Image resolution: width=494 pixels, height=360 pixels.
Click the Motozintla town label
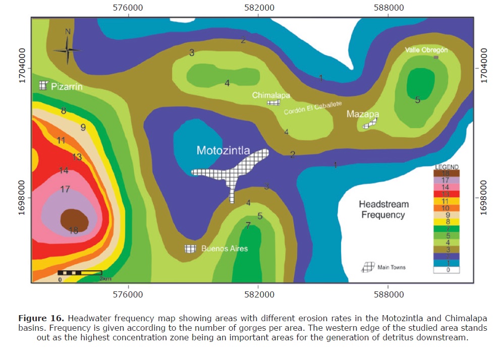(x=223, y=150)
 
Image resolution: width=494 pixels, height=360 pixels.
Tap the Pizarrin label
(x=67, y=87)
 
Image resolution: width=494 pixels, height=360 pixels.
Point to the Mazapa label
(x=362, y=114)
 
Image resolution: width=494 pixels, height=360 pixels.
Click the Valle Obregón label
(x=426, y=50)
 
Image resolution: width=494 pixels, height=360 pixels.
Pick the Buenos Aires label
(x=225, y=249)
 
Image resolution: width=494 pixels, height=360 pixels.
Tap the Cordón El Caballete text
(x=313, y=108)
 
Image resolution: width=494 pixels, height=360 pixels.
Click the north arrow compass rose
(x=68, y=48)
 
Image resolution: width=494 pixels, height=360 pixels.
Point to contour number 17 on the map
(x=65, y=190)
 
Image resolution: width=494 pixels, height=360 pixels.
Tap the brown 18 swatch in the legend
(x=446, y=173)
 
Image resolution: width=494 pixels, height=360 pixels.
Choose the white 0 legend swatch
(x=446, y=270)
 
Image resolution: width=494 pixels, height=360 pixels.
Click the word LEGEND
(x=447, y=167)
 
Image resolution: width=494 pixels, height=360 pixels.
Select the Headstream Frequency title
(x=383, y=210)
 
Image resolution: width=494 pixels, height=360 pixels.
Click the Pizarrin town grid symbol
(x=44, y=86)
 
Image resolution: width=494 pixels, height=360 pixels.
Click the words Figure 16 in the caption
(x=41, y=318)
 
